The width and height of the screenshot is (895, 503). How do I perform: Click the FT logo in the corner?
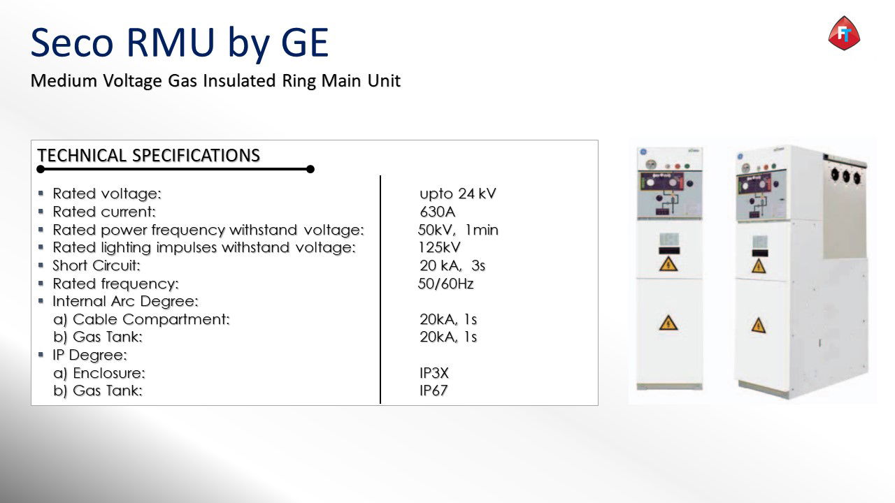(x=844, y=33)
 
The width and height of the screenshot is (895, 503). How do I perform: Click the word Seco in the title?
(x=72, y=43)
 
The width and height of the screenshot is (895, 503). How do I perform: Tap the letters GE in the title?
(x=305, y=43)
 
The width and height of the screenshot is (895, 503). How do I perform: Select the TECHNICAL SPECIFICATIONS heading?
(x=149, y=155)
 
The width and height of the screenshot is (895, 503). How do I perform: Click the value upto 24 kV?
(x=457, y=194)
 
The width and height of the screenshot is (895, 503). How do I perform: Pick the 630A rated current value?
(x=438, y=212)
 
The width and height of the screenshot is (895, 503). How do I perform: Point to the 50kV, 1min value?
(x=458, y=230)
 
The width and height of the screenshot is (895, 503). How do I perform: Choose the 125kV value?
(x=439, y=247)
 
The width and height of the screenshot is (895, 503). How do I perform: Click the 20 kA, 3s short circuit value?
(x=452, y=265)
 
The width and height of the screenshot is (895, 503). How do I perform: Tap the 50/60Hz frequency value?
(x=445, y=284)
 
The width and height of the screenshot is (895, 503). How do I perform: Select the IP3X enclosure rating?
(x=434, y=373)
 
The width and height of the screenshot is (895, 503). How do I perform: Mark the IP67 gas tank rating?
(x=434, y=391)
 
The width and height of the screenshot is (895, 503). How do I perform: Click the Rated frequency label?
(x=116, y=284)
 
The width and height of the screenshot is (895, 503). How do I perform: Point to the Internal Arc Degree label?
(x=125, y=301)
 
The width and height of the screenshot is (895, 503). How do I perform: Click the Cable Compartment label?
(x=152, y=319)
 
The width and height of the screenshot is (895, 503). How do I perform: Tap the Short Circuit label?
(x=96, y=265)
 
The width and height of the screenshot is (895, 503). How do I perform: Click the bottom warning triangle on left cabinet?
(x=668, y=323)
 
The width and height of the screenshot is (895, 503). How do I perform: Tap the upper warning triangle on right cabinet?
(x=759, y=266)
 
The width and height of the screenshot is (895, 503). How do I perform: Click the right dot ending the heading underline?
(x=310, y=169)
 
